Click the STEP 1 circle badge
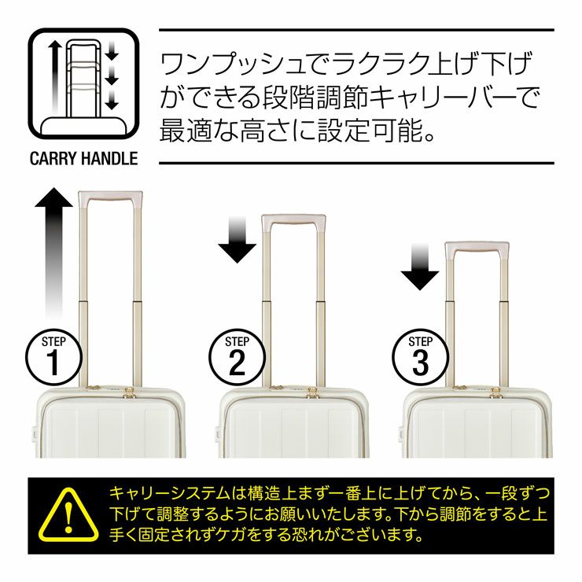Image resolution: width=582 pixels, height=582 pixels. pos(53,357)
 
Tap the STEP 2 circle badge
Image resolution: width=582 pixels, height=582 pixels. pos(237,357)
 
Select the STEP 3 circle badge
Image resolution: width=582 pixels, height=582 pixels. pos(420,357)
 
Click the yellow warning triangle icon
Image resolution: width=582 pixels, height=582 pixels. pos(68,515)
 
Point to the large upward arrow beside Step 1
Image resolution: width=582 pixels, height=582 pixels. pos(53,253)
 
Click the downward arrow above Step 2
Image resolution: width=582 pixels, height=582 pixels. pos(238,240)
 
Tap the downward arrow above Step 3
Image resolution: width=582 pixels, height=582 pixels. pos(420,267)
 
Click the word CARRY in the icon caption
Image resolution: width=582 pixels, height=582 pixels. pos(53,159)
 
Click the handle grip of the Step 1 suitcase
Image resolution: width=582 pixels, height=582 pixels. pos(111,197)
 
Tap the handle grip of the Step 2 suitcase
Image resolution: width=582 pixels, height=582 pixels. pos(294,221)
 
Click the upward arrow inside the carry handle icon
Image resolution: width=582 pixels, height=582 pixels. pos(55,77)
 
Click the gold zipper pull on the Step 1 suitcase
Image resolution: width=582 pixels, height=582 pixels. pos(129,392)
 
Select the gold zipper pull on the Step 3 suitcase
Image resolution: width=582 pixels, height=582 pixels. pos(495,392)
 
